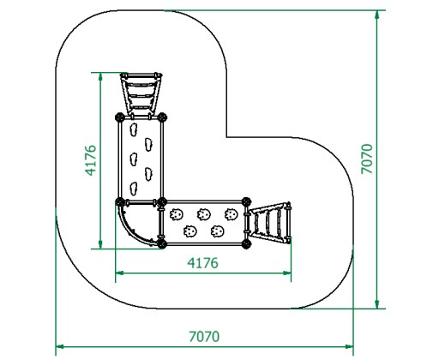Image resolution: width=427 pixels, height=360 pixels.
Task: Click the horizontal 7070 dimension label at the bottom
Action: [x=204, y=337]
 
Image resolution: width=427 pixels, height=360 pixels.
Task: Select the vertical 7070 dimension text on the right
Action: [x=367, y=159]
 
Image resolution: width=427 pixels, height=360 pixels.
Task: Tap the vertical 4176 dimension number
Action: [x=91, y=160]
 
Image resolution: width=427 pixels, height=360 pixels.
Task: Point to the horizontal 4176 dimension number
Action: [x=202, y=263]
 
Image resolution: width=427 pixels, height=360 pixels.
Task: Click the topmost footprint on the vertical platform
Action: [x=134, y=129]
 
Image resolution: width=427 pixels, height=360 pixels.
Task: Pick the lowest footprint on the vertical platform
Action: [x=134, y=189]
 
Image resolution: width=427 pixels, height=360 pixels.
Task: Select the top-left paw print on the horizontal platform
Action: [x=176, y=214]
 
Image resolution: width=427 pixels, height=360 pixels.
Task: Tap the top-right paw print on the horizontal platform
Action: [x=231, y=214]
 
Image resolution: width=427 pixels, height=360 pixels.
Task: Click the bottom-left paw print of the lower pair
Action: [x=189, y=231]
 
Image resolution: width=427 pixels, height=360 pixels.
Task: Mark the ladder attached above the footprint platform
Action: [x=141, y=93]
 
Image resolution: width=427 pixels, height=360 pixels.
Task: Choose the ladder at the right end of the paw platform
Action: [x=270, y=223]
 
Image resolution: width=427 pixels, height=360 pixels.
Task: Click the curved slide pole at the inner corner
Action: [x=131, y=230]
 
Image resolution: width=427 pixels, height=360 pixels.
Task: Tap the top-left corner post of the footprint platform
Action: [x=120, y=117]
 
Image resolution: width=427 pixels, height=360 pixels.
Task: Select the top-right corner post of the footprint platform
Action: [x=162, y=117]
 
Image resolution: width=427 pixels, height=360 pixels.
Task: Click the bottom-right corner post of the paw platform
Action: [x=246, y=244]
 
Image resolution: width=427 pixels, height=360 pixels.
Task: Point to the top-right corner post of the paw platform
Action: [x=246, y=201]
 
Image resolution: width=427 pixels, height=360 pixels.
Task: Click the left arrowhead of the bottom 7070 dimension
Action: [x=59, y=346]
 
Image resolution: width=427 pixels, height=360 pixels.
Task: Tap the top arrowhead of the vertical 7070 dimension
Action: [x=377, y=15]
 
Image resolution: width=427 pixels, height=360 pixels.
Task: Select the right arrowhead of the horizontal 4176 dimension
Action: [x=287, y=273]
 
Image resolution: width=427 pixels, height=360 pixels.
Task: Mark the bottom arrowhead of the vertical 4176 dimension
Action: [x=100, y=244]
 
